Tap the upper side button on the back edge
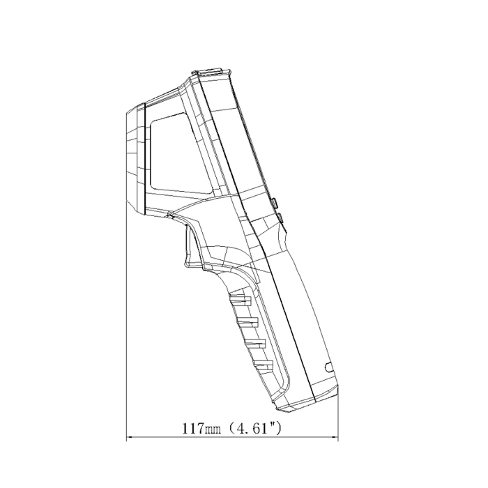(274, 204)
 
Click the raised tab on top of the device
(209, 72)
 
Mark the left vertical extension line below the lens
(126, 328)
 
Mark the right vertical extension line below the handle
(339, 418)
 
